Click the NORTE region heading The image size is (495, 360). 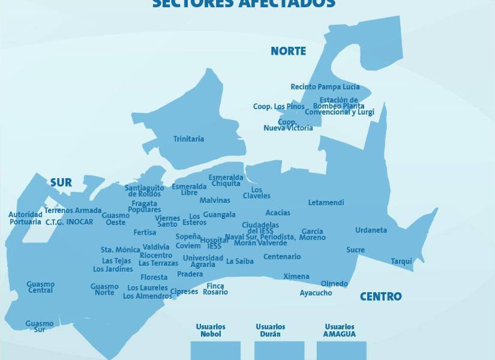[x=288, y=51]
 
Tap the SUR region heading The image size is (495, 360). [x=61, y=183]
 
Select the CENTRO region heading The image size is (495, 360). [x=380, y=296]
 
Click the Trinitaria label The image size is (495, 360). [x=188, y=139]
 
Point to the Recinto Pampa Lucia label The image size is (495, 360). [x=325, y=87]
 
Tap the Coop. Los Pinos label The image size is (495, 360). [x=278, y=107]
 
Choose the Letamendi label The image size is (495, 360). [x=326, y=203]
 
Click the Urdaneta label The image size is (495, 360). [x=371, y=230]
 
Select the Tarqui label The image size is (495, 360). [x=401, y=262]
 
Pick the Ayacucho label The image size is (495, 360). [x=316, y=293]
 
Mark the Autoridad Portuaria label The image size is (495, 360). [x=25, y=218]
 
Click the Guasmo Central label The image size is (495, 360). [x=40, y=287]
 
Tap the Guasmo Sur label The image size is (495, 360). [x=39, y=326]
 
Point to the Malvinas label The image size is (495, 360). [x=215, y=200]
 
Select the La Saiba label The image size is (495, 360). [x=239, y=262]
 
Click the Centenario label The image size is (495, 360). [x=281, y=257]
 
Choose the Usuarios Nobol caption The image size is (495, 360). [x=208, y=331]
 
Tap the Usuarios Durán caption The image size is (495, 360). [x=270, y=331]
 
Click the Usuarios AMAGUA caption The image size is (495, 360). [x=340, y=331]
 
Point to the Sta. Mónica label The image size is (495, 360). [x=120, y=250]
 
